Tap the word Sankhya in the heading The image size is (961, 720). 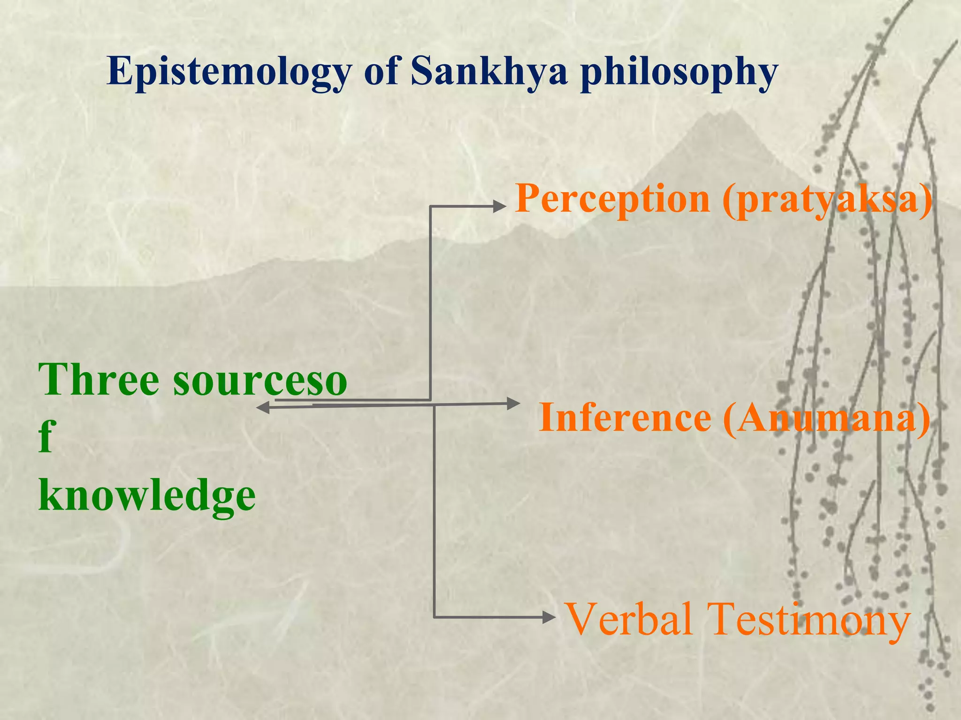pos(489,72)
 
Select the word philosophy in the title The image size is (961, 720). pos(679,73)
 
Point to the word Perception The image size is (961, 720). pos(612,199)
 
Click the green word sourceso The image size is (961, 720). pos(260,380)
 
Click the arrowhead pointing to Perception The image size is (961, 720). pos(499,206)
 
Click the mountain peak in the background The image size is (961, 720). pos(730,112)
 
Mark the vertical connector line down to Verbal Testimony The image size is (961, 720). pos(434,511)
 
